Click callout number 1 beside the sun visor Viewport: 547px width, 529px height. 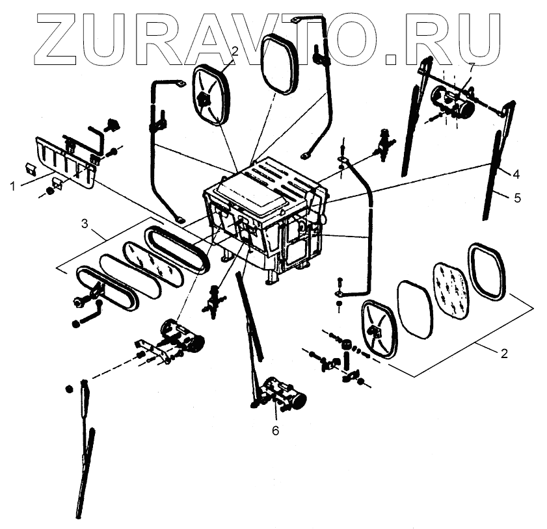point(13,186)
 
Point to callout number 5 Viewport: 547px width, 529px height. point(517,198)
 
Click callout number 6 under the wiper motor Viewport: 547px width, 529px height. point(275,430)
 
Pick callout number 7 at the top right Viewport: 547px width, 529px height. point(472,67)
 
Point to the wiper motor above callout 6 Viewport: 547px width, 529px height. point(283,395)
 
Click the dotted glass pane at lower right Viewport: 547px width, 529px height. point(449,290)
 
